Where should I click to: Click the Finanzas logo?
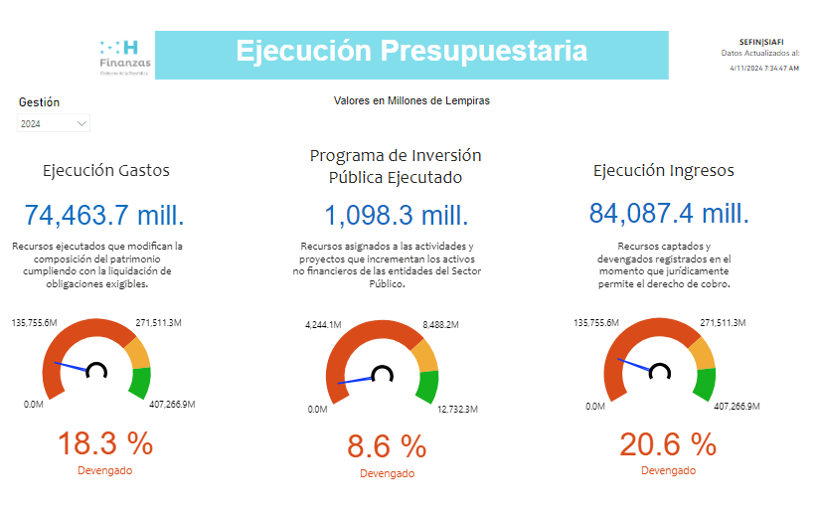pyautogui.click(x=124, y=56)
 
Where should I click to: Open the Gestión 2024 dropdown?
pyautogui.click(x=54, y=123)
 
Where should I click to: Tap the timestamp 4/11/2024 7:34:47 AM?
pyautogui.click(x=763, y=69)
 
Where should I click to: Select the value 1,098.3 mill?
pyautogui.click(x=396, y=215)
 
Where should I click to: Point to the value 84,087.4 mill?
pyautogui.click(x=669, y=214)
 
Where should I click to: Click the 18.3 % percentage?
pyautogui.click(x=104, y=442)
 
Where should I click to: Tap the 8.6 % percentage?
pyautogui.click(x=387, y=446)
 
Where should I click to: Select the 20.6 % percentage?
pyautogui.click(x=668, y=442)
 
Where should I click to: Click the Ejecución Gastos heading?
pyautogui.click(x=105, y=170)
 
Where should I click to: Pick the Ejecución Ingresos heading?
pyautogui.click(x=663, y=170)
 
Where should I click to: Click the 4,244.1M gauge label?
pyautogui.click(x=323, y=324)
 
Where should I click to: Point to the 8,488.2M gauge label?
pyautogui.click(x=439, y=324)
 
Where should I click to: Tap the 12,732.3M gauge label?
pyautogui.click(x=456, y=409)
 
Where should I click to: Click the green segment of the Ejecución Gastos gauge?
pyautogui.click(x=140, y=382)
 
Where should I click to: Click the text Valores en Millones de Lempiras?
pyautogui.click(x=411, y=100)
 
